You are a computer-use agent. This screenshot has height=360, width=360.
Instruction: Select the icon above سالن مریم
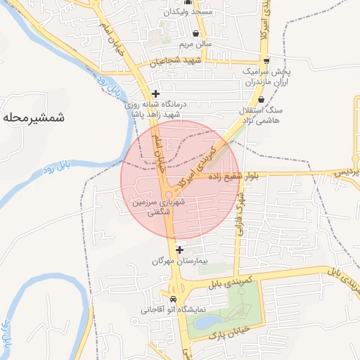(195, 33)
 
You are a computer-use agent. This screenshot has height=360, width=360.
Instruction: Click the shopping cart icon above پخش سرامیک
(264, 60)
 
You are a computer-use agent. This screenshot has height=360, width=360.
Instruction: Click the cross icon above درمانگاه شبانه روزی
(155, 93)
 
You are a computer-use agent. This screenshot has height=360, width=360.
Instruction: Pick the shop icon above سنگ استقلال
(262, 101)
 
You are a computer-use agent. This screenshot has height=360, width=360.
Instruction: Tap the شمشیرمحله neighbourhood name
(33, 117)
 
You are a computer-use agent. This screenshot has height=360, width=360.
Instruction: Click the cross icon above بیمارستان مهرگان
(180, 250)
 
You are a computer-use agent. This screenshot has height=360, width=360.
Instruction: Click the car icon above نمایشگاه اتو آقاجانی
(173, 297)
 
